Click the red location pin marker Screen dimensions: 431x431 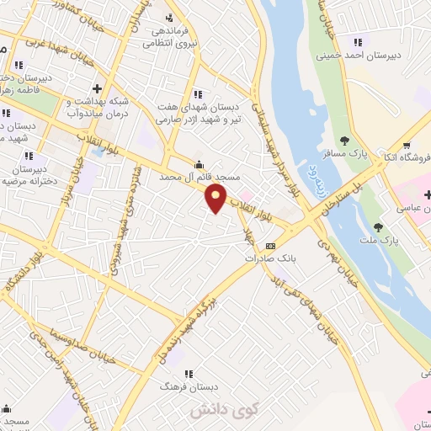point(217,197)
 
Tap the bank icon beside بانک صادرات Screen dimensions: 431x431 point(270,246)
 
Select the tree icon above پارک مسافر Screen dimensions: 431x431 point(344,141)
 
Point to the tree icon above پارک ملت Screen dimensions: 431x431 point(378,226)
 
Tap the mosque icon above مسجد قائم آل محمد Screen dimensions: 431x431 point(198,164)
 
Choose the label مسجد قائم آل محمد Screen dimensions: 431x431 point(200,178)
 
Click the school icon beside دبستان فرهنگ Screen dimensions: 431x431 point(189,373)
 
